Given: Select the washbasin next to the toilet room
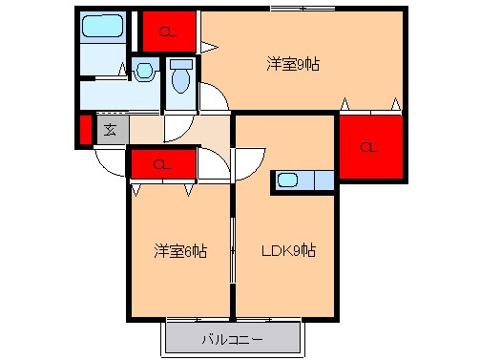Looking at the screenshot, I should pos(144,70).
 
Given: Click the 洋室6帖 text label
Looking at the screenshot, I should pos(181,252).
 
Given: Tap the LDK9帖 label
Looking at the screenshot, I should pos(288,252).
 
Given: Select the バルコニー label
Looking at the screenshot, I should pos(233,339).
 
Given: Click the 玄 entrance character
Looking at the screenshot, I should pos(111,130).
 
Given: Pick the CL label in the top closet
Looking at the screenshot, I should pos(167,32).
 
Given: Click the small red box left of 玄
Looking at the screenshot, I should pos(85,130).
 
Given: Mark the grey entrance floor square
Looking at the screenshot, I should pos(111,130).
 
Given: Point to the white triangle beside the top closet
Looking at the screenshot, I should pos(209,44).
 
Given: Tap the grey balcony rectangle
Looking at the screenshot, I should pos(233,339).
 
